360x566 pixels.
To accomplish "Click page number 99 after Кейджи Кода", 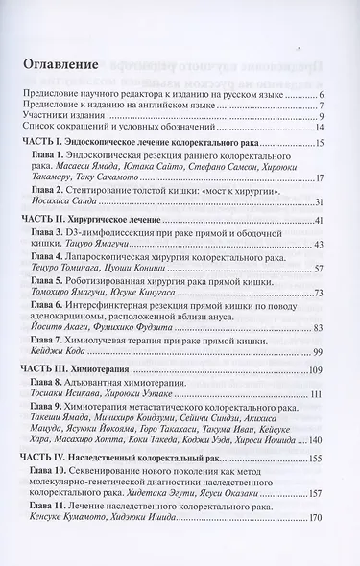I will point(321,354).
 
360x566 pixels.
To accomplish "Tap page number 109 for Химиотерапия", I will point(318,370).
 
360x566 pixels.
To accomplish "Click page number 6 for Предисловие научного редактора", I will point(323,92).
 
